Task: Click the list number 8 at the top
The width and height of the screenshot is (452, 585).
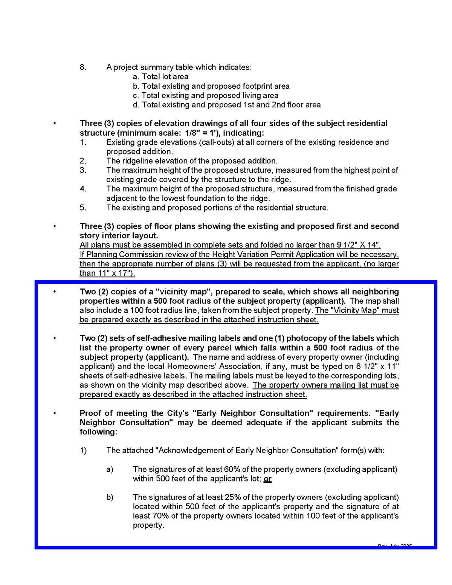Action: coord(83,67)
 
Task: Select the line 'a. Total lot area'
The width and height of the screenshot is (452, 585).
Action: coord(160,77)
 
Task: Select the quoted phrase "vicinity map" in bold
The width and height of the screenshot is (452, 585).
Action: coord(183,292)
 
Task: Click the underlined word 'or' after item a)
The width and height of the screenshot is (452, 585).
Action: coord(267,479)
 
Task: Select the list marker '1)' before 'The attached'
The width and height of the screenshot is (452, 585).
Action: coord(83,451)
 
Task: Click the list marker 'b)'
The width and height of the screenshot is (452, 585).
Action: coord(110,497)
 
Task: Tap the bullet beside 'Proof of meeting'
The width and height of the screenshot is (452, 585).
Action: coord(55,413)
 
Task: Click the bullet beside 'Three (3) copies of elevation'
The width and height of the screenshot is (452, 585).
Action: coord(55,124)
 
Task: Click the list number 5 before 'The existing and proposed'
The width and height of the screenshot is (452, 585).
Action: coord(83,208)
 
